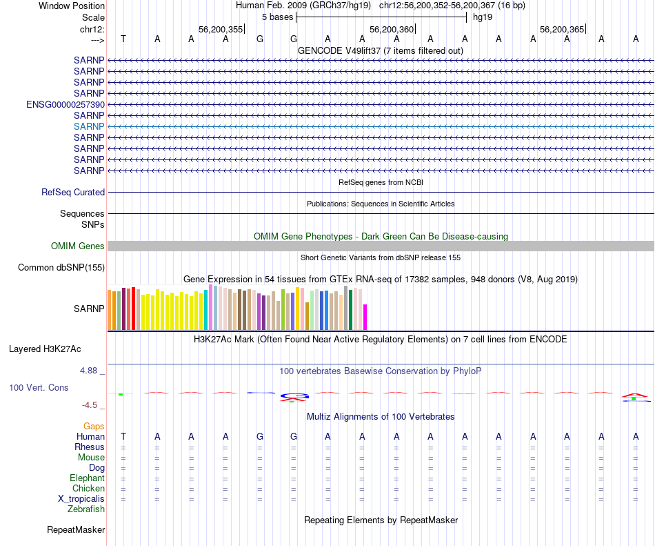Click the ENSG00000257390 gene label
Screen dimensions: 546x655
pos(65,104)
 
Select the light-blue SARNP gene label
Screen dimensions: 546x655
pos(89,126)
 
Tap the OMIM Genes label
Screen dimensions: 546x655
pos(78,246)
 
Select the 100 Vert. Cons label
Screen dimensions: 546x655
pos(39,388)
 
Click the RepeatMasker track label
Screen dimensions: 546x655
pos(76,530)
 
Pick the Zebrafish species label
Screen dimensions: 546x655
pos(86,509)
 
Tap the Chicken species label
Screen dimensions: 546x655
pos(88,489)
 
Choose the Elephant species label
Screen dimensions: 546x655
pos(87,478)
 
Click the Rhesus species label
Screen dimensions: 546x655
pos(90,447)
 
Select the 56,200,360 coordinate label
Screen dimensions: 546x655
pos(392,30)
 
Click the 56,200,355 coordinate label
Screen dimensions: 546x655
pos(221,30)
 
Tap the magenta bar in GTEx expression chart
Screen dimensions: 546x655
pos(365,318)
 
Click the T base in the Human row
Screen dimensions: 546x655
pos(123,436)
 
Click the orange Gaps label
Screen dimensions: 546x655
pos(94,427)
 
